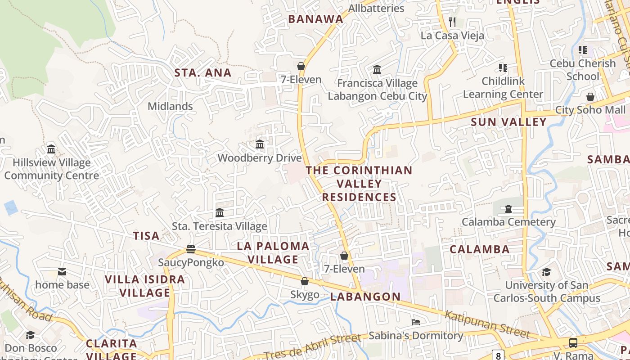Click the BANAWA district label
pyautogui.click(x=315, y=19)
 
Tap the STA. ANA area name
pyautogui.click(x=203, y=73)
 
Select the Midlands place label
pyautogui.click(x=170, y=107)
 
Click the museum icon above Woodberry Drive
pyautogui.click(x=260, y=144)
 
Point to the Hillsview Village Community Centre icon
pyautogui.click(x=51, y=149)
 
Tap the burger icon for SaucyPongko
pyautogui.click(x=191, y=249)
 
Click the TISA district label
pyautogui.click(x=146, y=236)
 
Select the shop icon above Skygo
pyautogui.click(x=305, y=281)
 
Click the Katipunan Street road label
pyautogui.click(x=487, y=324)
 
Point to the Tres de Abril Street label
pyautogui.click(x=312, y=346)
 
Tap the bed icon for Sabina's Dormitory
pyautogui.click(x=416, y=322)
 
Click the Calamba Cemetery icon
pyautogui.click(x=508, y=208)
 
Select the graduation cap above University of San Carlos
pyautogui.click(x=546, y=272)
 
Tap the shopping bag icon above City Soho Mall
pyautogui.click(x=590, y=97)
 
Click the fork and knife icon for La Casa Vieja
pyautogui.click(x=452, y=22)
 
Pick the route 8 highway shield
pyautogui.click(x=498, y=355)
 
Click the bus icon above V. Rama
pyautogui.click(x=573, y=342)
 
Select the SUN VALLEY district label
pyautogui.click(x=508, y=122)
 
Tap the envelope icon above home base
pyautogui.click(x=62, y=271)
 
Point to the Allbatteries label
pyautogui.click(x=376, y=8)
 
